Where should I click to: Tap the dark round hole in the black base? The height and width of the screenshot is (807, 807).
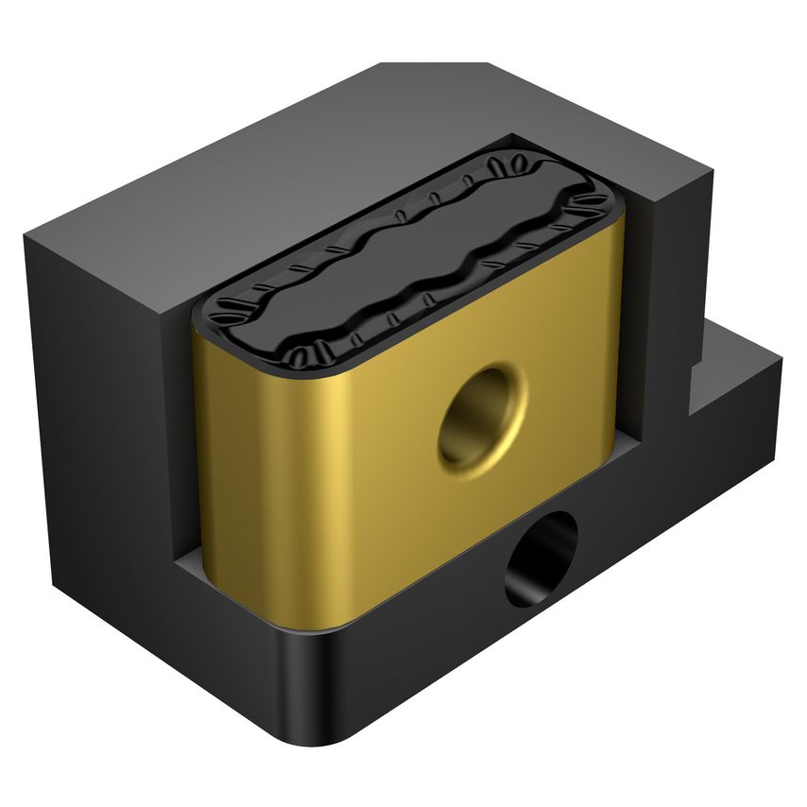point(541,558)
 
